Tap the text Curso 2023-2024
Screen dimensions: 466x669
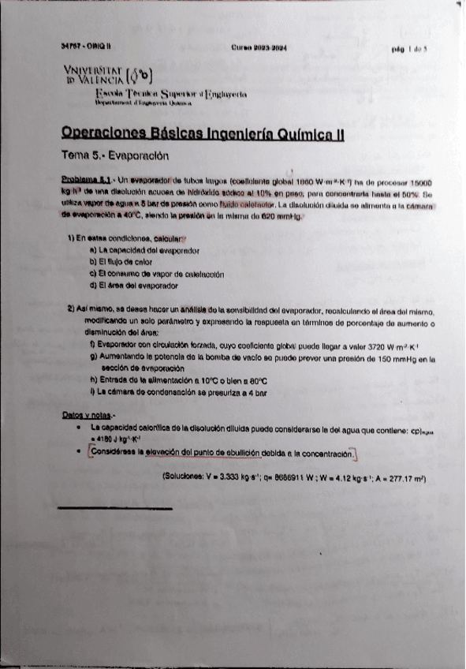(x=259, y=47)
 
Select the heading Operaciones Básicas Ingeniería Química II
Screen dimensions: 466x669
(x=203, y=134)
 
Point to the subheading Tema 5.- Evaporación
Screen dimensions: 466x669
(x=115, y=155)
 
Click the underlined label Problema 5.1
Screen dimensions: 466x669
(x=88, y=181)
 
